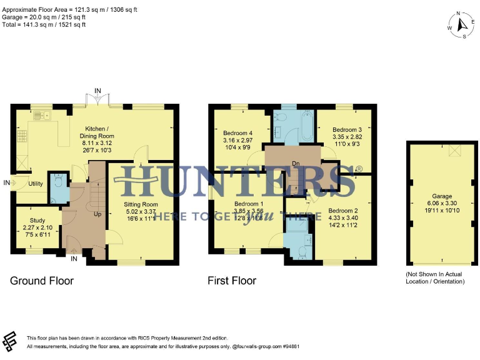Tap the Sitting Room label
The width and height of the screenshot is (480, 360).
click(141, 204)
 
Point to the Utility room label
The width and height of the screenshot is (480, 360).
click(36, 184)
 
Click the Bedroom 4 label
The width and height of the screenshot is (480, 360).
click(238, 133)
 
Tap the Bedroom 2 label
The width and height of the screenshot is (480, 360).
click(343, 211)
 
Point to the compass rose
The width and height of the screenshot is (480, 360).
click(461, 25)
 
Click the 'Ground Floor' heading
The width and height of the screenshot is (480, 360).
click(41, 281)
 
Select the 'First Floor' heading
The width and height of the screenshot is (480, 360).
click(232, 281)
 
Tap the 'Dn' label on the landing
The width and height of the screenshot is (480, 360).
click(296, 164)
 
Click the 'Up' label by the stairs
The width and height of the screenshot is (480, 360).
click(97, 214)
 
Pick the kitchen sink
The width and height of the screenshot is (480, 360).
click(40, 115)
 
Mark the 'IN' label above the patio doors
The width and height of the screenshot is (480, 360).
click(97, 91)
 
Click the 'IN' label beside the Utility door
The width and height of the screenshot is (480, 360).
click(7, 182)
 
